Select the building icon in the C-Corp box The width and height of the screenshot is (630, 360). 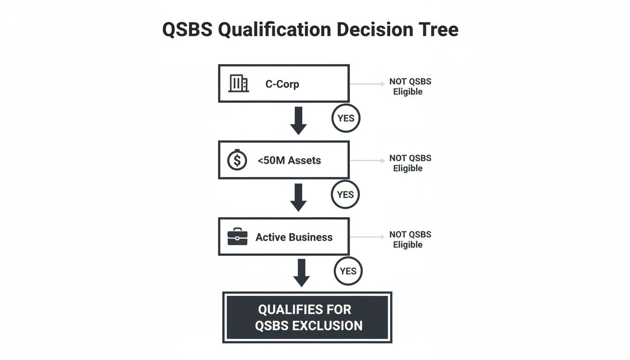(x=238, y=84)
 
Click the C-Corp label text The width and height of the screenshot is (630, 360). (x=282, y=84)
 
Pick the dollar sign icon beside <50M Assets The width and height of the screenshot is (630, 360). (x=237, y=160)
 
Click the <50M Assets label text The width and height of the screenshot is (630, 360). (x=289, y=160)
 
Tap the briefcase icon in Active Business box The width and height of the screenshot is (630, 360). (x=237, y=237)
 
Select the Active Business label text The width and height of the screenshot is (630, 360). (x=294, y=237)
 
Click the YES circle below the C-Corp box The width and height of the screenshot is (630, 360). (x=346, y=118)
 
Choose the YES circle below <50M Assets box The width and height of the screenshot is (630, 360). (x=345, y=195)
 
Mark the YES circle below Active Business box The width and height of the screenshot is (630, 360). (x=348, y=271)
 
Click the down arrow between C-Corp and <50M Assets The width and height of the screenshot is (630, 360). (x=298, y=120)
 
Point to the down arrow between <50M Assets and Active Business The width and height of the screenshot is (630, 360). (x=298, y=197)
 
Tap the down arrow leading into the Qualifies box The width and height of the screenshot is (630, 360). (x=301, y=272)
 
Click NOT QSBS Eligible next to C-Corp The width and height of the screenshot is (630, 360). (x=410, y=87)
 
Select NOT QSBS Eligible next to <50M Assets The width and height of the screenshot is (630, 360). (x=410, y=163)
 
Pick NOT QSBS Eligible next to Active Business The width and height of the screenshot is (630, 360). (x=410, y=240)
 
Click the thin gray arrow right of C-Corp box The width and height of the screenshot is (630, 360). (x=367, y=84)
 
